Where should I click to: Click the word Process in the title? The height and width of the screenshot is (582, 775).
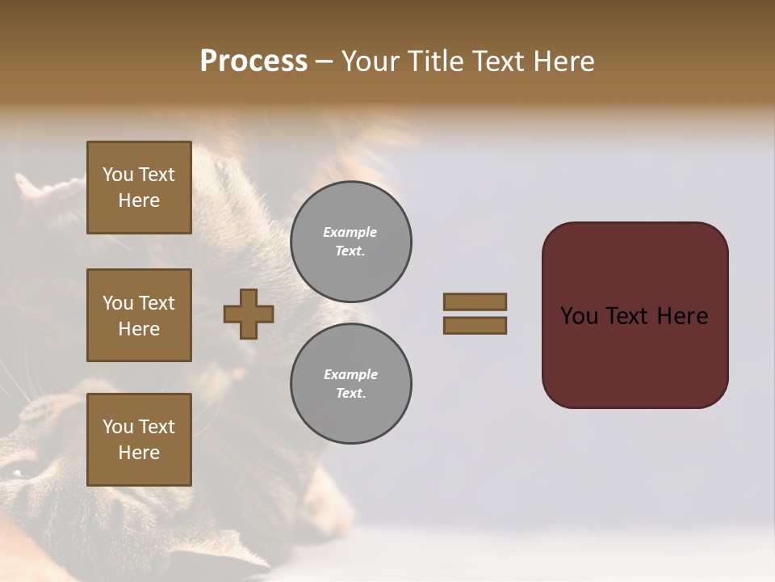[253, 61]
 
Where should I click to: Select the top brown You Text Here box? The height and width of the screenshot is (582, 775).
[139, 188]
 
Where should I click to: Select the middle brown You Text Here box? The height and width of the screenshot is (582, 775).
[139, 315]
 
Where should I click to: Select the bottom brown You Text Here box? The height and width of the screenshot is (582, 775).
[139, 440]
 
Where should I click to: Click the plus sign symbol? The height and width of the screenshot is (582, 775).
[249, 314]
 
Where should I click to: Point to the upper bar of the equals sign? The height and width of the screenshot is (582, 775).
[475, 302]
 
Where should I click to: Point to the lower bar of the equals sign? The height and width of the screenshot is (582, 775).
[475, 325]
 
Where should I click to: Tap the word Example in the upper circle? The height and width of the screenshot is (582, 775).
[350, 232]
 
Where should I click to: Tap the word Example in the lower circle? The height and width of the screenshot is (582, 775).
[350, 374]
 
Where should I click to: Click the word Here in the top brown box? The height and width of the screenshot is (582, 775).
[139, 200]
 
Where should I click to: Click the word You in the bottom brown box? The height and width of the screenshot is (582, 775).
[117, 427]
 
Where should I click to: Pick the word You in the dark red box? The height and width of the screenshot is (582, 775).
[579, 316]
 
